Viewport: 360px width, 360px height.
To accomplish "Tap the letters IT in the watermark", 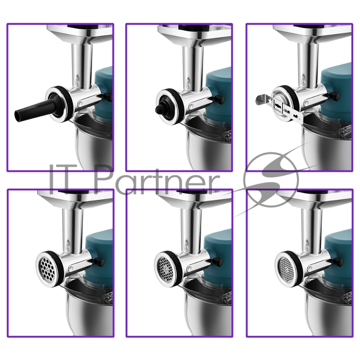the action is point(67,179).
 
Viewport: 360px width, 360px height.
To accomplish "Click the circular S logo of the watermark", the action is point(271,180).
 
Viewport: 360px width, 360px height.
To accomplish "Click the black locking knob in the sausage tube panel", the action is point(108,97).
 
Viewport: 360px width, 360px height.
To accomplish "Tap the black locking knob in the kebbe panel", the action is point(219,99).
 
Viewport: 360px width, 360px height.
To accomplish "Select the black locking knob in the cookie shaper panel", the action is point(334,96).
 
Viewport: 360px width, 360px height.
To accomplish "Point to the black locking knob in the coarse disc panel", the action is point(99,262).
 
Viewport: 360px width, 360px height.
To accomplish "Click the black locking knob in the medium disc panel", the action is point(218,261).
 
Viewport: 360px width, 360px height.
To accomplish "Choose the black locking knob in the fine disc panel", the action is point(338,262).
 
